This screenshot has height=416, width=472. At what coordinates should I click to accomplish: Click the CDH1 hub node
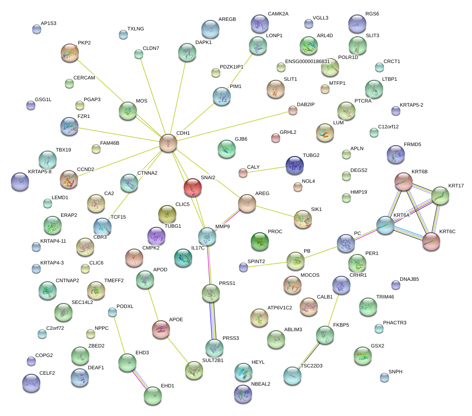tap(168, 143)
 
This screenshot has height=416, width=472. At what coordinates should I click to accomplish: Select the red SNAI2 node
tap(193, 187)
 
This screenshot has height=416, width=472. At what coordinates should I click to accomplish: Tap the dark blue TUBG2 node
tap(294, 165)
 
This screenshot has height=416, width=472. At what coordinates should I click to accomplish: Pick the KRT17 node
tap(440, 195)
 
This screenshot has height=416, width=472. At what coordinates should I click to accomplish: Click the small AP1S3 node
tap(37, 29)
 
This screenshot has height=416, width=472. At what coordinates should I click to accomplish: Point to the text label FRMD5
tap(413, 145)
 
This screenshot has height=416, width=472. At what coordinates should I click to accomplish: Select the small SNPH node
tap(384, 377)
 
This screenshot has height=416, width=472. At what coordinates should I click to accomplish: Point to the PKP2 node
tap(69, 53)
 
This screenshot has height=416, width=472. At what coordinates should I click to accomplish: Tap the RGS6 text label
tap(372, 14)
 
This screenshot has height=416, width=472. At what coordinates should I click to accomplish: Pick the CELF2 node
tap(31, 383)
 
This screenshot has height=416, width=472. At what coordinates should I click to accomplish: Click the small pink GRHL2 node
tap(275, 137)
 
